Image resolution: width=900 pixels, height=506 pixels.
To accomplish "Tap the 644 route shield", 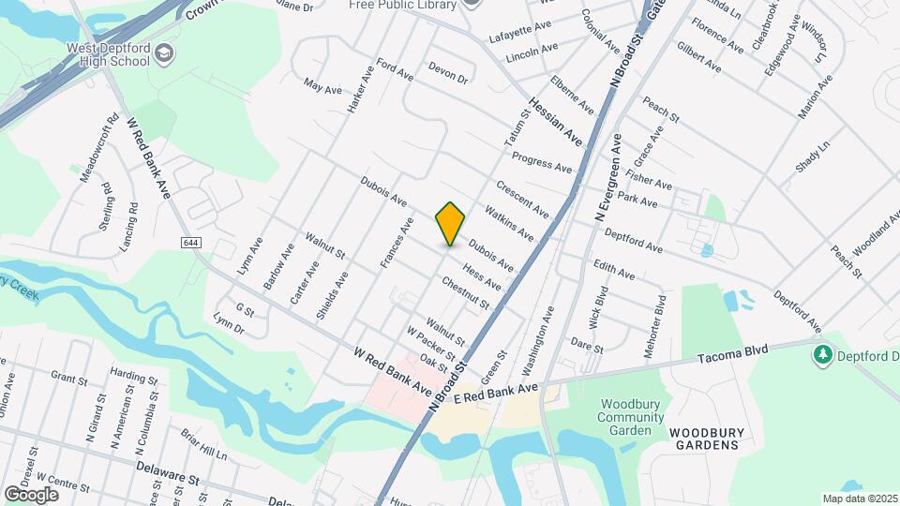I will pos(191,243).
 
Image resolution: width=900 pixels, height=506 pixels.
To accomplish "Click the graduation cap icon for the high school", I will pos(165,53).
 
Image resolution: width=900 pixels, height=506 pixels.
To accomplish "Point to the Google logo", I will pos(31,494).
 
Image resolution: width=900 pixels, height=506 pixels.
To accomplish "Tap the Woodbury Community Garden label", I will pos(624,417).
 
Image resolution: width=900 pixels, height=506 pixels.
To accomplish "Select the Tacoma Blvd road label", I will pos(734,353).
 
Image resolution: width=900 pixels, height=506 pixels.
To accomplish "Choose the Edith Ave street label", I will pos(614,270).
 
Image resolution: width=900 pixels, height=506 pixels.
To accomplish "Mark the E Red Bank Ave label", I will pos(496,394).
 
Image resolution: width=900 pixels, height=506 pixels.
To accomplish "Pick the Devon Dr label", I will pos(447,72).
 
